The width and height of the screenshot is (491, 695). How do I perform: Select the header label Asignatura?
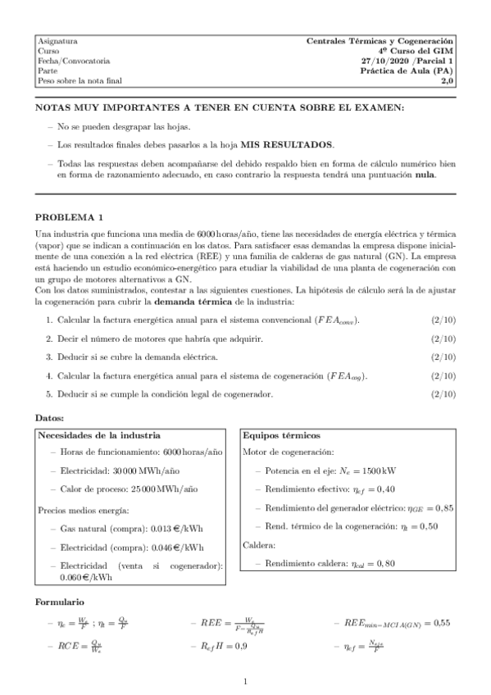click(x=57, y=40)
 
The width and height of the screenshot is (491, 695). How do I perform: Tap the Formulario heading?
click(x=60, y=602)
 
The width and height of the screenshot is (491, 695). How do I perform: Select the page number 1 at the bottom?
click(x=245, y=680)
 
